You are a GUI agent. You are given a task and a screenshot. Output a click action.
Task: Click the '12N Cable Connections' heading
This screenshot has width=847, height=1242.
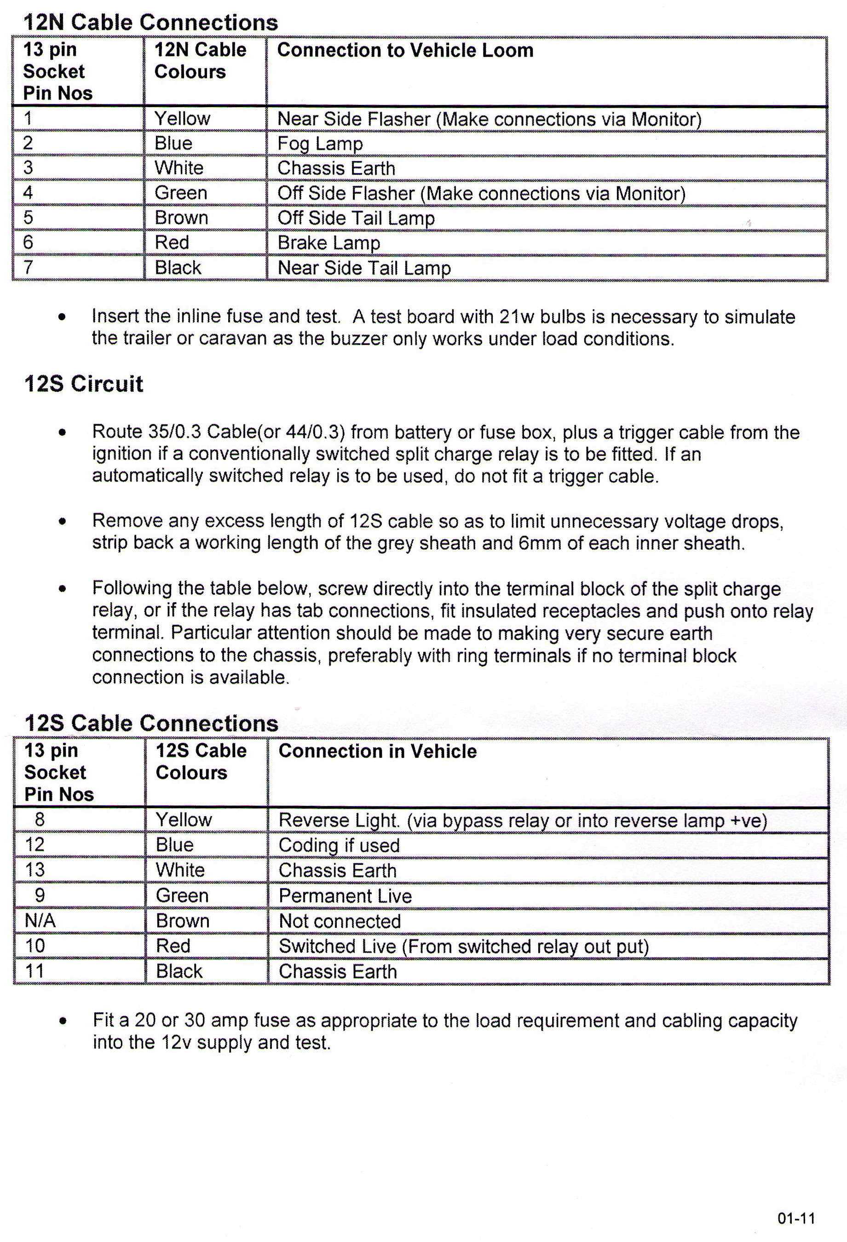pos(151,23)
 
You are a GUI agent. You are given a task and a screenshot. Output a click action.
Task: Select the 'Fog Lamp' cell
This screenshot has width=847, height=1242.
pos(320,143)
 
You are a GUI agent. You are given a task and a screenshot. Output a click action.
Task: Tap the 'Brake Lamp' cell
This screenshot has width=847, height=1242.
pos(328,242)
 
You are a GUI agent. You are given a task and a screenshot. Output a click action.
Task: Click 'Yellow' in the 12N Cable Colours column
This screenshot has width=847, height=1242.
pos(182,118)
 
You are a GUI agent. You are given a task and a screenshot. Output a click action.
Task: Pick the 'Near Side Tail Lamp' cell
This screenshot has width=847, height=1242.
pos(364,267)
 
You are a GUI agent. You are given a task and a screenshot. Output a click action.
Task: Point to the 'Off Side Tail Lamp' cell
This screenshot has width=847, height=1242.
pos(356,218)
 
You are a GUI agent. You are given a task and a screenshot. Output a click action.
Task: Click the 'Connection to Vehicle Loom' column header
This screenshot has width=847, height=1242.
pos(405,50)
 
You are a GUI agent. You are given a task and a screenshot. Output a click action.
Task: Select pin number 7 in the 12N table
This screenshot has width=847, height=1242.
pos(29,267)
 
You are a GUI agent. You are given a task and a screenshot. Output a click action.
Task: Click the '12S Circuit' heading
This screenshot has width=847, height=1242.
pos(84,384)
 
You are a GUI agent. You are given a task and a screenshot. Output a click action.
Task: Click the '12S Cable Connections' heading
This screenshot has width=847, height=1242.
pos(151,723)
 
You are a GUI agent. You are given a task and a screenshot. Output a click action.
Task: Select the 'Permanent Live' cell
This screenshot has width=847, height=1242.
pos(345,896)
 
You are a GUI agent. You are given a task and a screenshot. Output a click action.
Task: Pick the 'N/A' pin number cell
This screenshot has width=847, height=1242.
pos(40,920)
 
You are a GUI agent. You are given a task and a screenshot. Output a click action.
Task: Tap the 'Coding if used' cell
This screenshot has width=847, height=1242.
pos(339,845)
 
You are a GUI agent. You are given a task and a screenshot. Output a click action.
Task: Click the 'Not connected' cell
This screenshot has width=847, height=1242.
pos(340,921)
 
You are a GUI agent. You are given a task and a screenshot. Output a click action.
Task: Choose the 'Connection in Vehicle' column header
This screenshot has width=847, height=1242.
pos(377,751)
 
